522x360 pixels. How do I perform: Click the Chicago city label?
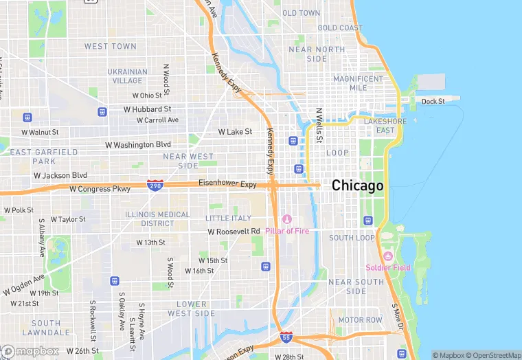pos(357,186)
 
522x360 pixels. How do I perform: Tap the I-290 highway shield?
pos(155,185)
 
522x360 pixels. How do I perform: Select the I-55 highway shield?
pos(286,337)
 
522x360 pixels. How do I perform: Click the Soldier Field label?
pos(389,267)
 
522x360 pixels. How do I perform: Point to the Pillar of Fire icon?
pos(287,219)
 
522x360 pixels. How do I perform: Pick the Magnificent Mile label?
pos(358,83)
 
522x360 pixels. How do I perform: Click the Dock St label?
pos(433,102)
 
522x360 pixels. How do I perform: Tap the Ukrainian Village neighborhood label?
pos(127,76)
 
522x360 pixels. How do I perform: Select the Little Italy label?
pos(228,218)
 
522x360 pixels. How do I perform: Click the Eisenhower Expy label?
pos(227,184)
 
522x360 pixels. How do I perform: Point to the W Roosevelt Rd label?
pos(234,232)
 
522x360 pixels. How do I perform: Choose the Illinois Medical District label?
pos(158,218)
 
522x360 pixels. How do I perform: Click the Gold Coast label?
pos(340,28)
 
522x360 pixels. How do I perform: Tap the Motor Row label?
pos(360,320)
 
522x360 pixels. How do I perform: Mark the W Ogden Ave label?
pos(24,285)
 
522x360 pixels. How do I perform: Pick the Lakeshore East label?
pos(379,126)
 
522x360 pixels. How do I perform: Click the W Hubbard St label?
pos(147,109)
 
